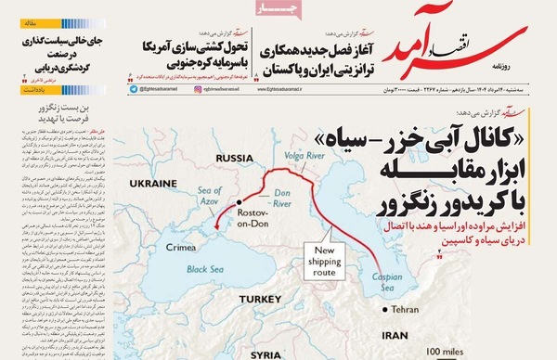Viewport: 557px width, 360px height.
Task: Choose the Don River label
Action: (277, 192)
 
